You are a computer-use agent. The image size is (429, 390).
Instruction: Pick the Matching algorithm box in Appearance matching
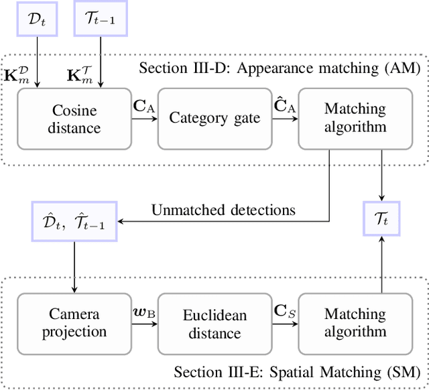click(x=355, y=118)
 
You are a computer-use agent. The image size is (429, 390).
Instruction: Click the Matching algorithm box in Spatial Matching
click(x=355, y=323)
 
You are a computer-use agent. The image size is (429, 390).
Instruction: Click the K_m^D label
click(x=25, y=74)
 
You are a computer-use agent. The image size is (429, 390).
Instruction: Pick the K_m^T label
click(x=85, y=74)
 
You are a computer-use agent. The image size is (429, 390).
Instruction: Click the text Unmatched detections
click(x=223, y=210)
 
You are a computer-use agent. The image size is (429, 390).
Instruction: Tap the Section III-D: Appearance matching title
click(x=279, y=68)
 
